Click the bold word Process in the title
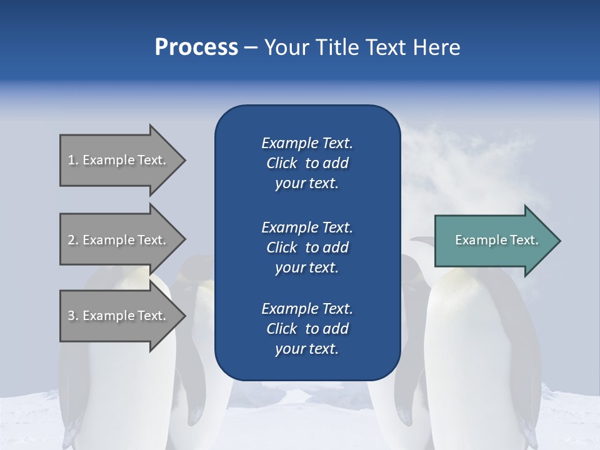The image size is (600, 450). (x=196, y=47)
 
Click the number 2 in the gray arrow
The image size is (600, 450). (x=71, y=240)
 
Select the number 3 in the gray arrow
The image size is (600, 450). (x=71, y=316)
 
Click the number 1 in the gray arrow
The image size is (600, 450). (x=71, y=160)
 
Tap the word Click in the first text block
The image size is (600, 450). (x=282, y=163)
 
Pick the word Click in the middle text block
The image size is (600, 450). (x=282, y=247)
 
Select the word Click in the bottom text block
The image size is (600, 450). (x=282, y=329)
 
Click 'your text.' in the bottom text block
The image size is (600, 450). (x=307, y=349)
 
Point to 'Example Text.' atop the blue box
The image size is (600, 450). (x=307, y=143)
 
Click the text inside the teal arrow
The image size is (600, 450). (x=497, y=240)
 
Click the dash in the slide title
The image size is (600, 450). (x=251, y=48)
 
